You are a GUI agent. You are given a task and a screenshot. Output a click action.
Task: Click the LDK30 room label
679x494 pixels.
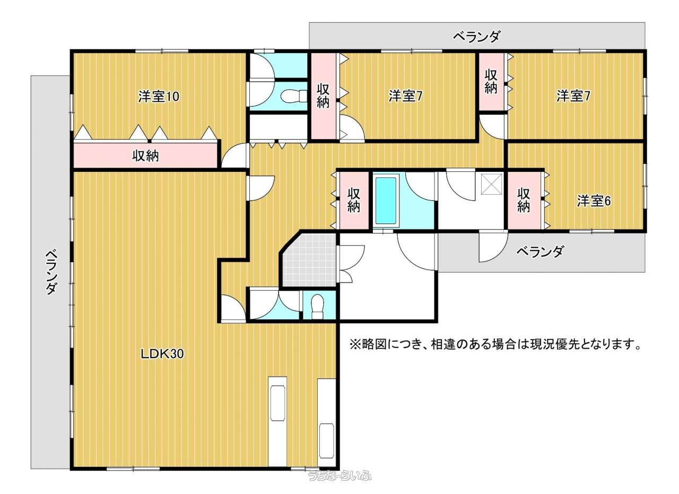click(x=162, y=353)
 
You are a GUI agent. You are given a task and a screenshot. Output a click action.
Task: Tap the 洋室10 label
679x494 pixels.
click(x=159, y=97)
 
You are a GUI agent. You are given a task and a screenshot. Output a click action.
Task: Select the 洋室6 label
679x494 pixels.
click(x=594, y=201)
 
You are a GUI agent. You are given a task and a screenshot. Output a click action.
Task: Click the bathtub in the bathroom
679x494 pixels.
click(x=386, y=201)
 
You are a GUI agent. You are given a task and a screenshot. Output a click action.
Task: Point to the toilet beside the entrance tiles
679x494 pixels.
click(x=317, y=306)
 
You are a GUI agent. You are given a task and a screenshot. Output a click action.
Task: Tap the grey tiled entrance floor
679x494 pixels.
click(x=309, y=259)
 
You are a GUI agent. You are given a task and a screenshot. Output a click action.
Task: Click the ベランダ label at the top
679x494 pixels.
click(x=476, y=37)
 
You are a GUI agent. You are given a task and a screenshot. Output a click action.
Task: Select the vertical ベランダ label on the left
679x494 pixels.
click(x=51, y=272)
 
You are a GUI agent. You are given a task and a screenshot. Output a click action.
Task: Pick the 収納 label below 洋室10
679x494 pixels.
click(x=145, y=155)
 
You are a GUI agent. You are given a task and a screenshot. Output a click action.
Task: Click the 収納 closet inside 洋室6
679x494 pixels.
click(x=524, y=201)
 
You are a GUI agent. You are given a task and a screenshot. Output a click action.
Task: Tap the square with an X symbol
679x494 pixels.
click(x=492, y=184)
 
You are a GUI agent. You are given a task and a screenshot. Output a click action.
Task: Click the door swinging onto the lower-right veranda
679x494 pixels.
click(x=493, y=247)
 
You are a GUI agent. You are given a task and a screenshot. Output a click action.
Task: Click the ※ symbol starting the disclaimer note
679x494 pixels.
click(x=355, y=345)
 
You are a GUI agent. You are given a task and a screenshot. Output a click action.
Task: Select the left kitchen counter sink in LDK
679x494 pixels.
click(x=277, y=403)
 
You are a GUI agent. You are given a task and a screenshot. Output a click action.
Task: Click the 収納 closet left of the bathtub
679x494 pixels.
click(x=354, y=201)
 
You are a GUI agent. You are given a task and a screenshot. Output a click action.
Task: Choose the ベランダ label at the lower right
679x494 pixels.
click(x=540, y=252)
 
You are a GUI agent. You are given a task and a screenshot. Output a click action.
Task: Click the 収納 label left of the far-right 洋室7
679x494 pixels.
click(x=491, y=81)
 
